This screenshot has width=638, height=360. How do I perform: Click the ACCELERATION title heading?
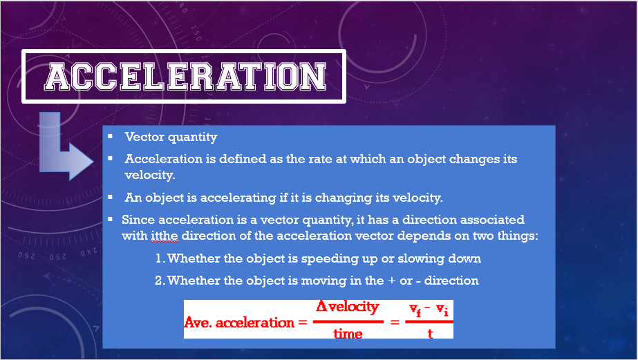185,77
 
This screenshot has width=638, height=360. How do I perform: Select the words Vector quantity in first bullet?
171,137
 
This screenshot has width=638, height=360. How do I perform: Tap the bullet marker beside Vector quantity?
111,136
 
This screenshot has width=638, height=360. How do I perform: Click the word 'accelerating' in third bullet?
238,198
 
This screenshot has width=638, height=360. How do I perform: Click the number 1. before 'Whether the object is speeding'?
160,258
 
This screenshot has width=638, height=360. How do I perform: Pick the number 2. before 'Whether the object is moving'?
160,281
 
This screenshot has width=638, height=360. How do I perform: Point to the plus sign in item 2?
392,281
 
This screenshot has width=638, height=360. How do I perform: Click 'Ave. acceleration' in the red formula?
239,323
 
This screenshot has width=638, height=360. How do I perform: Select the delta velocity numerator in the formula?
348,307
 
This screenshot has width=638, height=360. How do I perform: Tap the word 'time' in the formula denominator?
348,334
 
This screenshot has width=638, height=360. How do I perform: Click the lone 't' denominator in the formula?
430,334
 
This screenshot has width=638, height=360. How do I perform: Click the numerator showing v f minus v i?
429,310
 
